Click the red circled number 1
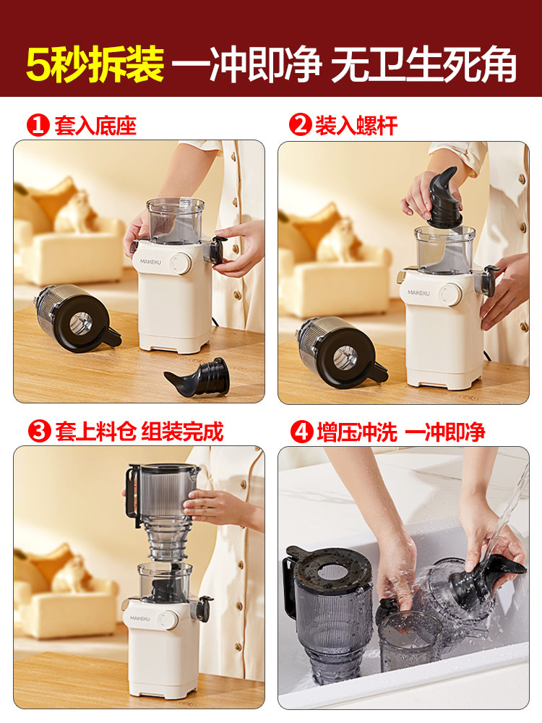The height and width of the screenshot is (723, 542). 38,126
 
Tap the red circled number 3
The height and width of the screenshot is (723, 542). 38,432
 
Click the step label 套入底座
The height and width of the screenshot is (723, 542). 95,126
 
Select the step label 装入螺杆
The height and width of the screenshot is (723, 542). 356,126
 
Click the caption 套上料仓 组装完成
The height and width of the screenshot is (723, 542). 139,432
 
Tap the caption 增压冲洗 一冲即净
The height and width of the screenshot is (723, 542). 400,432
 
